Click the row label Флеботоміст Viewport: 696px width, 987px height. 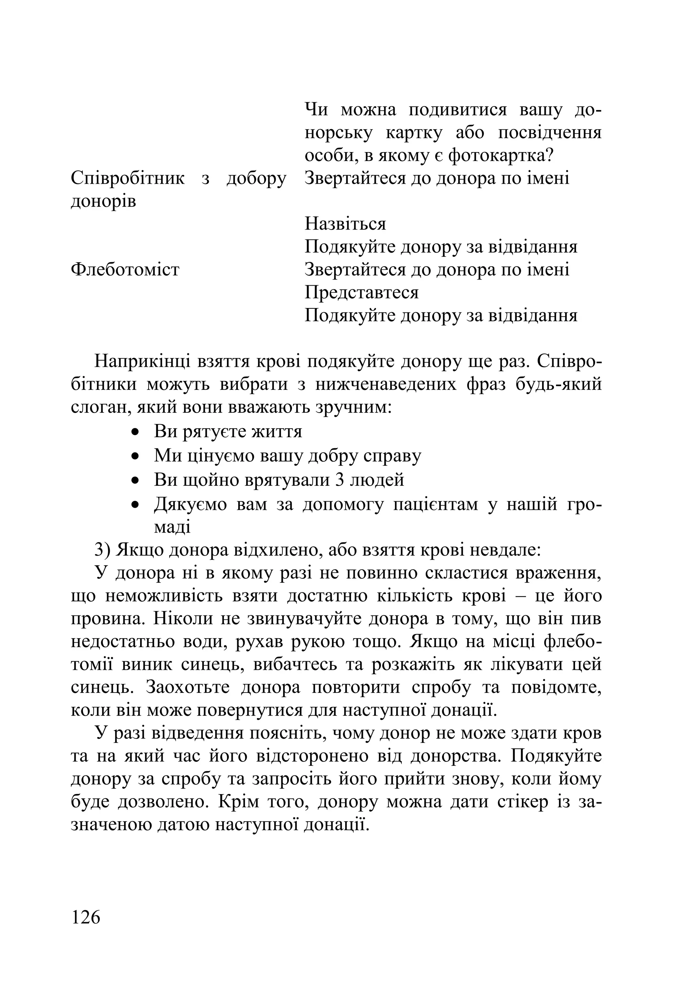pos(125,270)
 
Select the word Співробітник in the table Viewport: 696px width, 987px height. pos(127,178)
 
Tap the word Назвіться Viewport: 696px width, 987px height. pos(345,223)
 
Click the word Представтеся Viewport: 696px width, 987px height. pos(361,292)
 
